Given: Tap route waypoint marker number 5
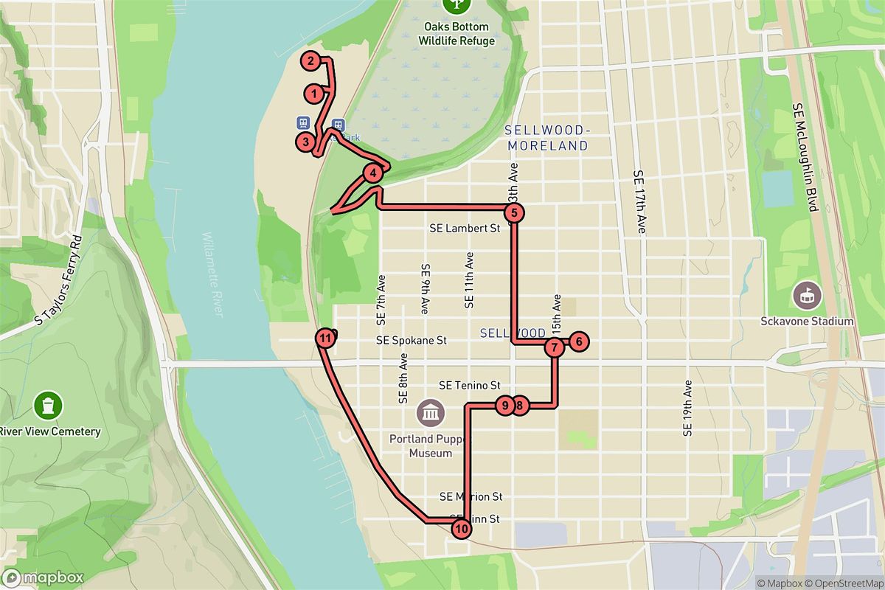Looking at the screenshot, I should pyautogui.click(x=515, y=213).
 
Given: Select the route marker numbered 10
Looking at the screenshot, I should pyautogui.click(x=462, y=528).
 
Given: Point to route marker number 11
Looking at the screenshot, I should pyautogui.click(x=325, y=339).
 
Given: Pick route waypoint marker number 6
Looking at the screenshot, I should pyautogui.click(x=579, y=341).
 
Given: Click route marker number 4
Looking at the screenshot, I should pyautogui.click(x=374, y=173).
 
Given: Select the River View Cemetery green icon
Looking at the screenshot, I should pyautogui.click(x=48, y=405).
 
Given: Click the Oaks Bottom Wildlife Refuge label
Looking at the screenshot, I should pyautogui.click(x=457, y=34).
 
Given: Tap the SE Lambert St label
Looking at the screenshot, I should pyautogui.click(x=465, y=229).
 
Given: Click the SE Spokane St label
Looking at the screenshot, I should pyautogui.click(x=412, y=341).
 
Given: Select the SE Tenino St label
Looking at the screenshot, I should pyautogui.click(x=470, y=385).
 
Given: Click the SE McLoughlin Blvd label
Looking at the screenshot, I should pyautogui.click(x=805, y=157).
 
